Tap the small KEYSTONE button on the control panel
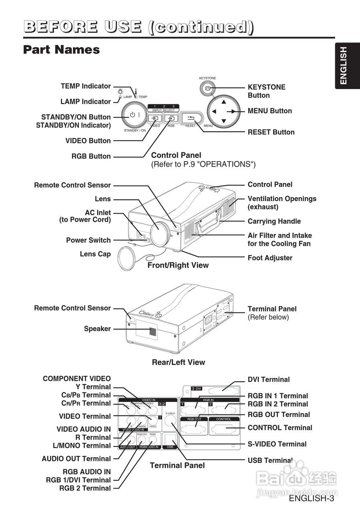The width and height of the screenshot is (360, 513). (x=207, y=88)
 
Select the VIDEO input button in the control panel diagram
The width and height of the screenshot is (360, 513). (x=155, y=118)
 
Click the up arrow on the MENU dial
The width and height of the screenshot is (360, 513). (x=224, y=101)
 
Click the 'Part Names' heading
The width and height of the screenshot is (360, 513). (x=61, y=50)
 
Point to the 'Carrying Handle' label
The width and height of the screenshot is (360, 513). (x=274, y=221)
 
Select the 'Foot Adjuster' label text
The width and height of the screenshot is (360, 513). (x=270, y=258)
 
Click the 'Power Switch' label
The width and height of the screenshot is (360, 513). (x=88, y=240)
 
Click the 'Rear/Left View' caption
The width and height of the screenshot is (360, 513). (x=178, y=362)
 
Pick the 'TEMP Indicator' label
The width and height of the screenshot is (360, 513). (x=85, y=86)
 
